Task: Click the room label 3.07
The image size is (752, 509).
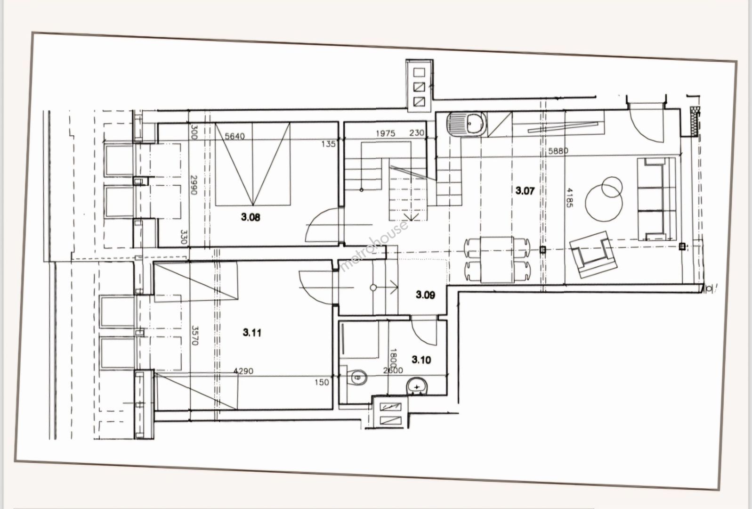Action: click(525, 191)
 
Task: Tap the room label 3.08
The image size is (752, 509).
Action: click(251, 217)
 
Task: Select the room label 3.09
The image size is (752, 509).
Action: click(425, 295)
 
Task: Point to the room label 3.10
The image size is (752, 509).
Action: click(421, 360)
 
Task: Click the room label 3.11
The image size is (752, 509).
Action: click(252, 333)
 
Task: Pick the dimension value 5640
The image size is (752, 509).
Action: click(234, 136)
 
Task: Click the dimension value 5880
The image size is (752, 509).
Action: click(558, 151)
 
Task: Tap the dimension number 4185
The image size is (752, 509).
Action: click(569, 197)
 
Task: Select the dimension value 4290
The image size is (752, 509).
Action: click(243, 371)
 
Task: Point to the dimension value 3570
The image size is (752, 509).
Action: click(195, 335)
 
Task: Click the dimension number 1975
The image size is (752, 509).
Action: click(385, 134)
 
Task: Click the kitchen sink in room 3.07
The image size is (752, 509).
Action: click(466, 124)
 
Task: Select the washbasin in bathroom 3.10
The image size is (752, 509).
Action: click(417, 386)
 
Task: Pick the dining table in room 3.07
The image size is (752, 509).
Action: click(497, 259)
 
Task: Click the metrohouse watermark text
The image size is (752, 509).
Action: click(374, 246)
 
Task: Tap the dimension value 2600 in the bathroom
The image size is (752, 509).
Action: click(393, 370)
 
